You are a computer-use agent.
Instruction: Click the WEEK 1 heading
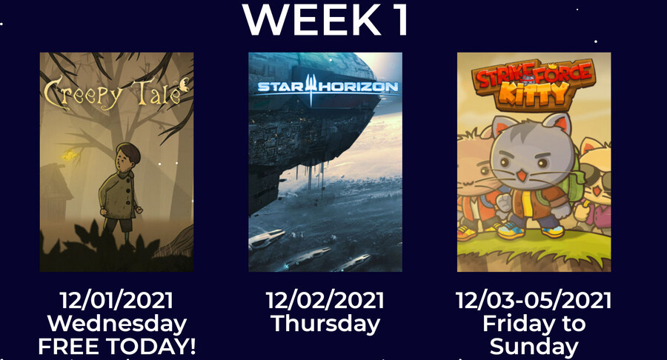click(x=326, y=19)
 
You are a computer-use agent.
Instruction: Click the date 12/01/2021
click(x=116, y=300)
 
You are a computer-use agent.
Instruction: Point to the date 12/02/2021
click(x=325, y=300)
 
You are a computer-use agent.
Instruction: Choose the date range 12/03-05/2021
click(x=534, y=300)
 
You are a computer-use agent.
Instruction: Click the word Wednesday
click(x=117, y=324)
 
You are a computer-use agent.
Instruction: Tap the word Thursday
click(x=325, y=324)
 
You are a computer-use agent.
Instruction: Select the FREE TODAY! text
click(x=117, y=347)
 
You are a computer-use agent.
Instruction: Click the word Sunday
click(x=534, y=347)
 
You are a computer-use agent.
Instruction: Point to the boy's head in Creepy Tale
click(x=127, y=156)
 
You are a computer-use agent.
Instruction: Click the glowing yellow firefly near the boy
click(x=70, y=156)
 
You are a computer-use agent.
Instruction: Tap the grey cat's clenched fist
click(x=504, y=203)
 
